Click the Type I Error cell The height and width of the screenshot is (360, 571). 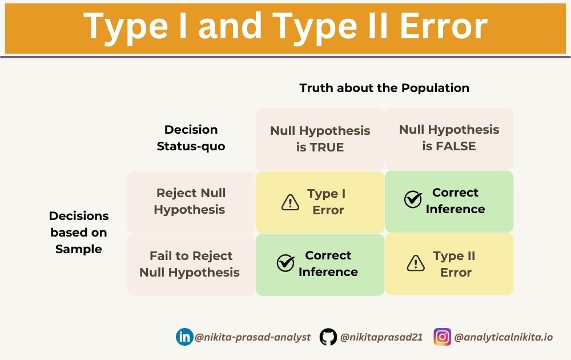pos(320,202)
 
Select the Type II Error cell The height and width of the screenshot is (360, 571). pos(449,264)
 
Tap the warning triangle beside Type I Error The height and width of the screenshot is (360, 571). pos(291,202)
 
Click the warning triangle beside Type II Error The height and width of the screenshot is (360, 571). pos(416,263)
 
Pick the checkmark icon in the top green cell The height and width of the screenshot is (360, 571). pos(413,199)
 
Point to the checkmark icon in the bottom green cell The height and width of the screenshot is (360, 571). pos(285,262)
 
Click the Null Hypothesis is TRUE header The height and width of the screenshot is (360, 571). pos(320,138)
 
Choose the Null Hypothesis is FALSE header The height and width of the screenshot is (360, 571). pos(449,138)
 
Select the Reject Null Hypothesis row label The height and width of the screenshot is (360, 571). pos(191,201)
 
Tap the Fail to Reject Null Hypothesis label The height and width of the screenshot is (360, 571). pos(190,264)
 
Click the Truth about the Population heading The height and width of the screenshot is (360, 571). pos(384,88)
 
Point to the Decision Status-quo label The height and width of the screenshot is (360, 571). pos(191,138)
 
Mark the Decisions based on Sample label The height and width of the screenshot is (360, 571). pos(79,232)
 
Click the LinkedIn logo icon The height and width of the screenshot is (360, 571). pos(184,337)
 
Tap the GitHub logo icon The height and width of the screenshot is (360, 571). pos(328,337)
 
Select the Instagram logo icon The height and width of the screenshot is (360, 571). pos(442,337)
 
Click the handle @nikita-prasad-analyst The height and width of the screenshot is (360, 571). pos(252,337)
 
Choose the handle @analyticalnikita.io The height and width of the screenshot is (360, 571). pos(503,337)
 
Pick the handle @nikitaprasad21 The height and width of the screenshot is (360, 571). pos(381,337)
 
